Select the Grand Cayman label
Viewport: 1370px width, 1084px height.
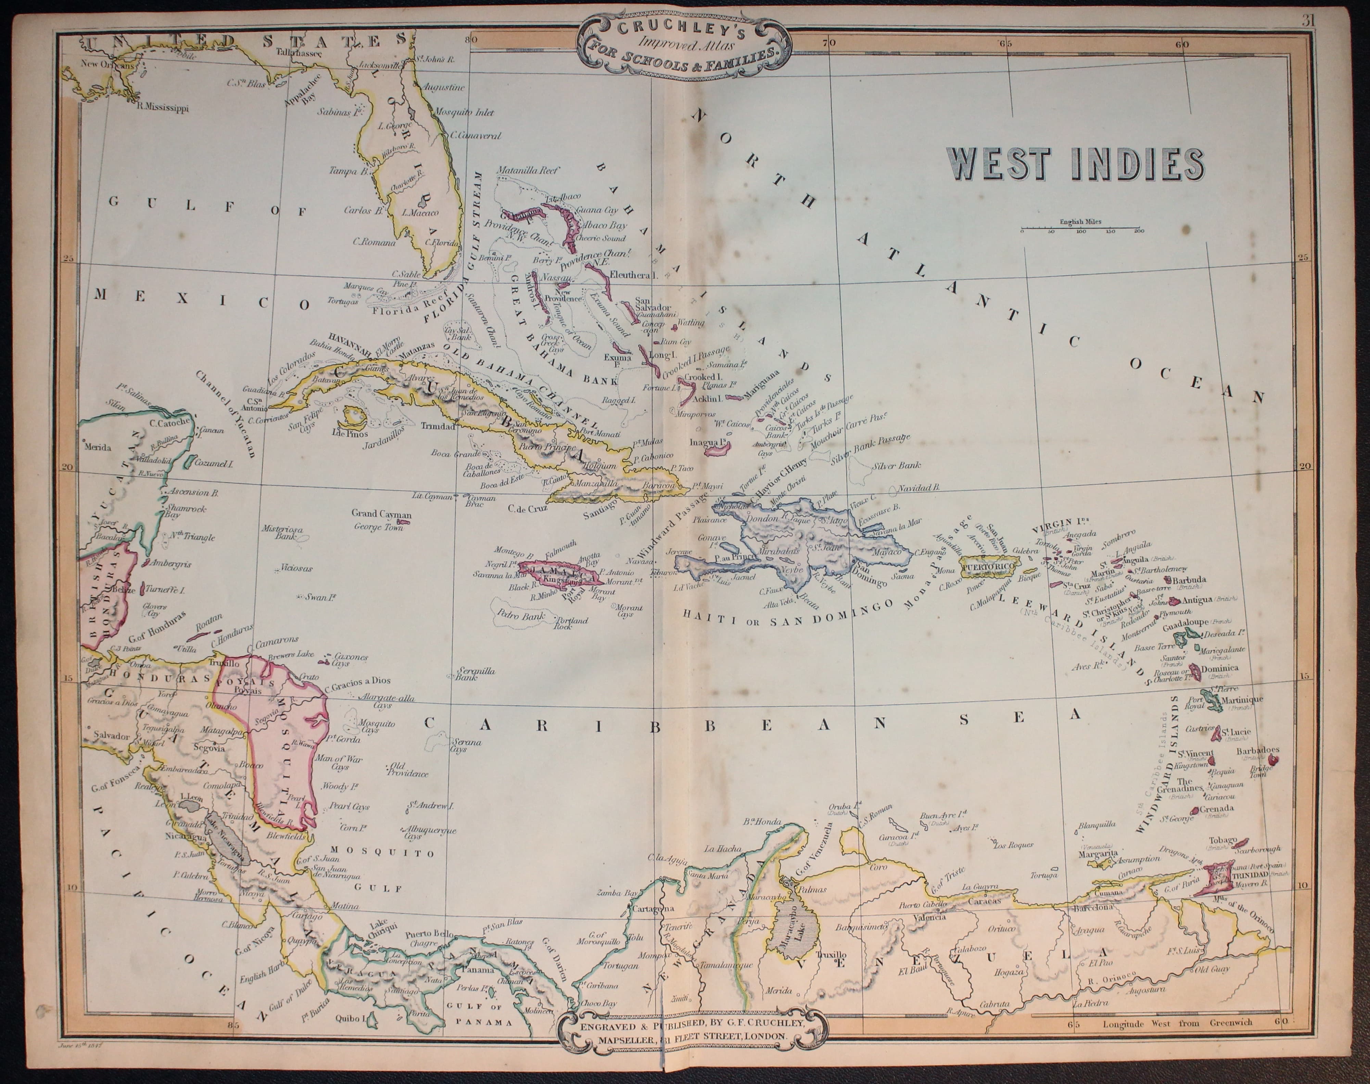381,514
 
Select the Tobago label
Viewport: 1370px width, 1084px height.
1221,840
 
